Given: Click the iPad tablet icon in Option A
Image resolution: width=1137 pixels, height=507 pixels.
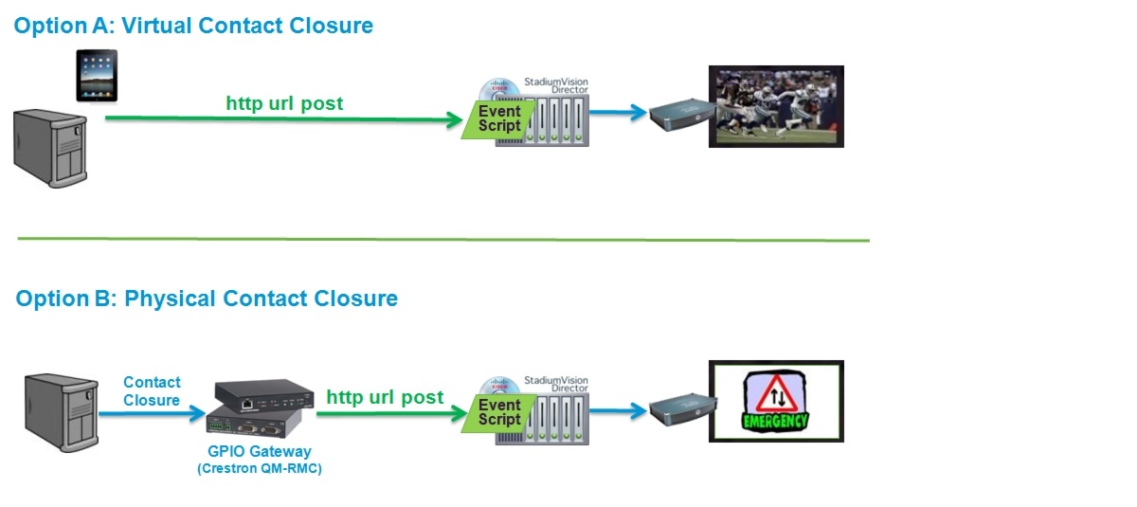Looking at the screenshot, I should coord(98,77).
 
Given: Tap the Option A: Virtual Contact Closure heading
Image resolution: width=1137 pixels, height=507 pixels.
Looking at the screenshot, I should coord(193,26).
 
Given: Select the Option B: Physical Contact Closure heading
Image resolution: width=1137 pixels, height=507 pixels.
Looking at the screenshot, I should coord(207,299).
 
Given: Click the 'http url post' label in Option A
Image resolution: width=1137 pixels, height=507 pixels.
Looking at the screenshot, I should coord(284,102).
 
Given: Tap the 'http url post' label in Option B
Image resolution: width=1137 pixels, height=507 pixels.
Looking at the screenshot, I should coord(385,397).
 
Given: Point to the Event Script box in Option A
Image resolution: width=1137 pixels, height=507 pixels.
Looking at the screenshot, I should coord(496,118).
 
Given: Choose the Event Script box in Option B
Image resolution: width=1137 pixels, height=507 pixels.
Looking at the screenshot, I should coord(496,411).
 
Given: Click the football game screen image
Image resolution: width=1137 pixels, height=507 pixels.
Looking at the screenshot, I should coord(776,106).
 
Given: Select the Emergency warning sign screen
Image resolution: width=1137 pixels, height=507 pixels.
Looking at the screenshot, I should coord(776,401).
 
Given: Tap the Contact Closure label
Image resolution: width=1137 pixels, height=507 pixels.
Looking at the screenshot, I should coord(152,390).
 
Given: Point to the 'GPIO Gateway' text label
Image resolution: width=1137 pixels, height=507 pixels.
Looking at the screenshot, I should coord(259,451).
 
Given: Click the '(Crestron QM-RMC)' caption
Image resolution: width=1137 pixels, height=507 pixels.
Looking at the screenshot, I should coord(259,468).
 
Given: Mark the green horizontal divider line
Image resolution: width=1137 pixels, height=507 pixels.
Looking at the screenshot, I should coord(442,239).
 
